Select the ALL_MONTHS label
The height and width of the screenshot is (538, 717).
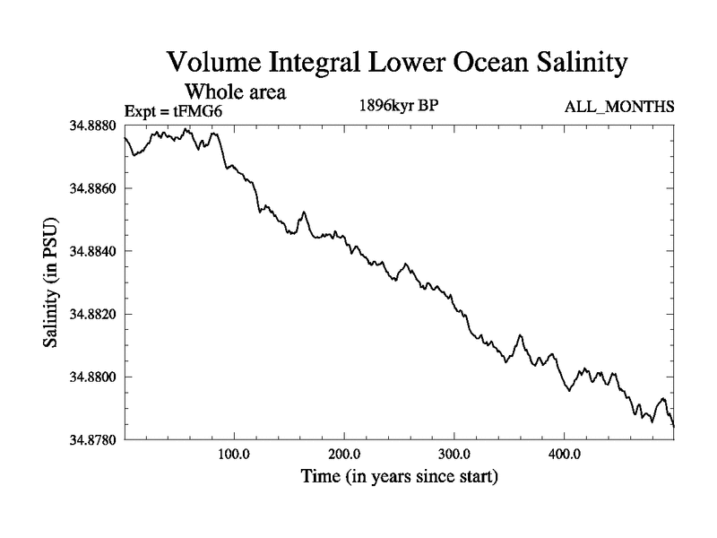pos(619,108)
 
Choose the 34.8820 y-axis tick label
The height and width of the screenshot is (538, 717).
pos(94,314)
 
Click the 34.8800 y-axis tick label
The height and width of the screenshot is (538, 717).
pos(94,377)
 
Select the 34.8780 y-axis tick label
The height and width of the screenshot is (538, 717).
pos(94,439)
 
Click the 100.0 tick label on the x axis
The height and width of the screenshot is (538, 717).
pos(234,454)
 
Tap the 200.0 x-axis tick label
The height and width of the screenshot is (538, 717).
pos(344,454)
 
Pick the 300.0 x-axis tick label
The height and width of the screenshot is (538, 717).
pos(454,454)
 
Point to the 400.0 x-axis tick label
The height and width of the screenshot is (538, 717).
pos(565,454)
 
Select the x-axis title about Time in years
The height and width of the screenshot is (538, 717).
pos(399,476)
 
